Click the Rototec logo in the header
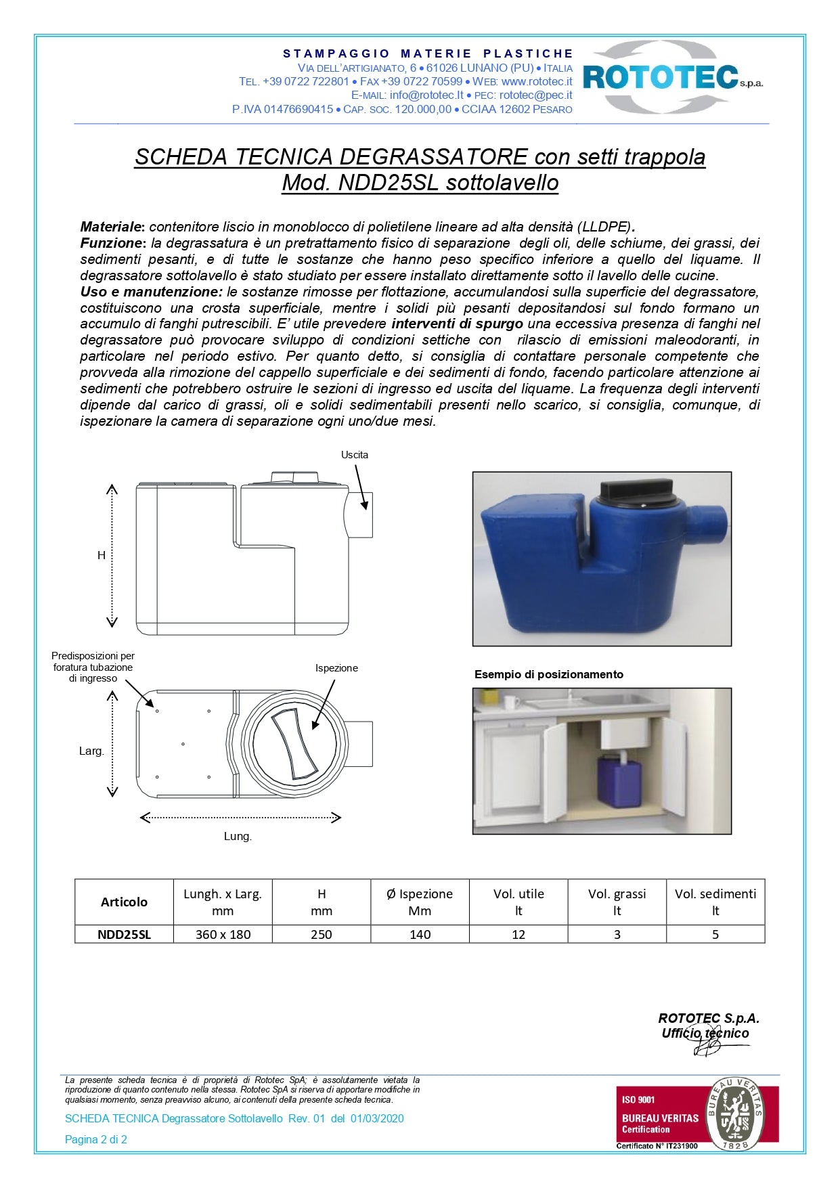pos(671,77)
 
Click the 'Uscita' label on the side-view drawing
pos(354,455)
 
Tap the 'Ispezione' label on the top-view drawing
pos(336,668)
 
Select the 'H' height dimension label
pos(102,555)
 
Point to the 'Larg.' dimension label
pos(91,751)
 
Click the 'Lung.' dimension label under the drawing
pos(238,837)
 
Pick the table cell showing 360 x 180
pos(223,934)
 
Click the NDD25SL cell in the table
pos(124,934)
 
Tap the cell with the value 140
pos(420,934)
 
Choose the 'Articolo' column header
pos(124,902)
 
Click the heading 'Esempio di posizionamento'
pos(548,674)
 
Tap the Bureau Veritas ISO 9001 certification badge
pos(697,1114)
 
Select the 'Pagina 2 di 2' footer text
pos(96,1139)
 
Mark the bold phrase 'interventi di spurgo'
pos(457,324)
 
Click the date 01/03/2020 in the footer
pos(377,1118)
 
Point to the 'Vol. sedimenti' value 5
pos(715,934)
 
